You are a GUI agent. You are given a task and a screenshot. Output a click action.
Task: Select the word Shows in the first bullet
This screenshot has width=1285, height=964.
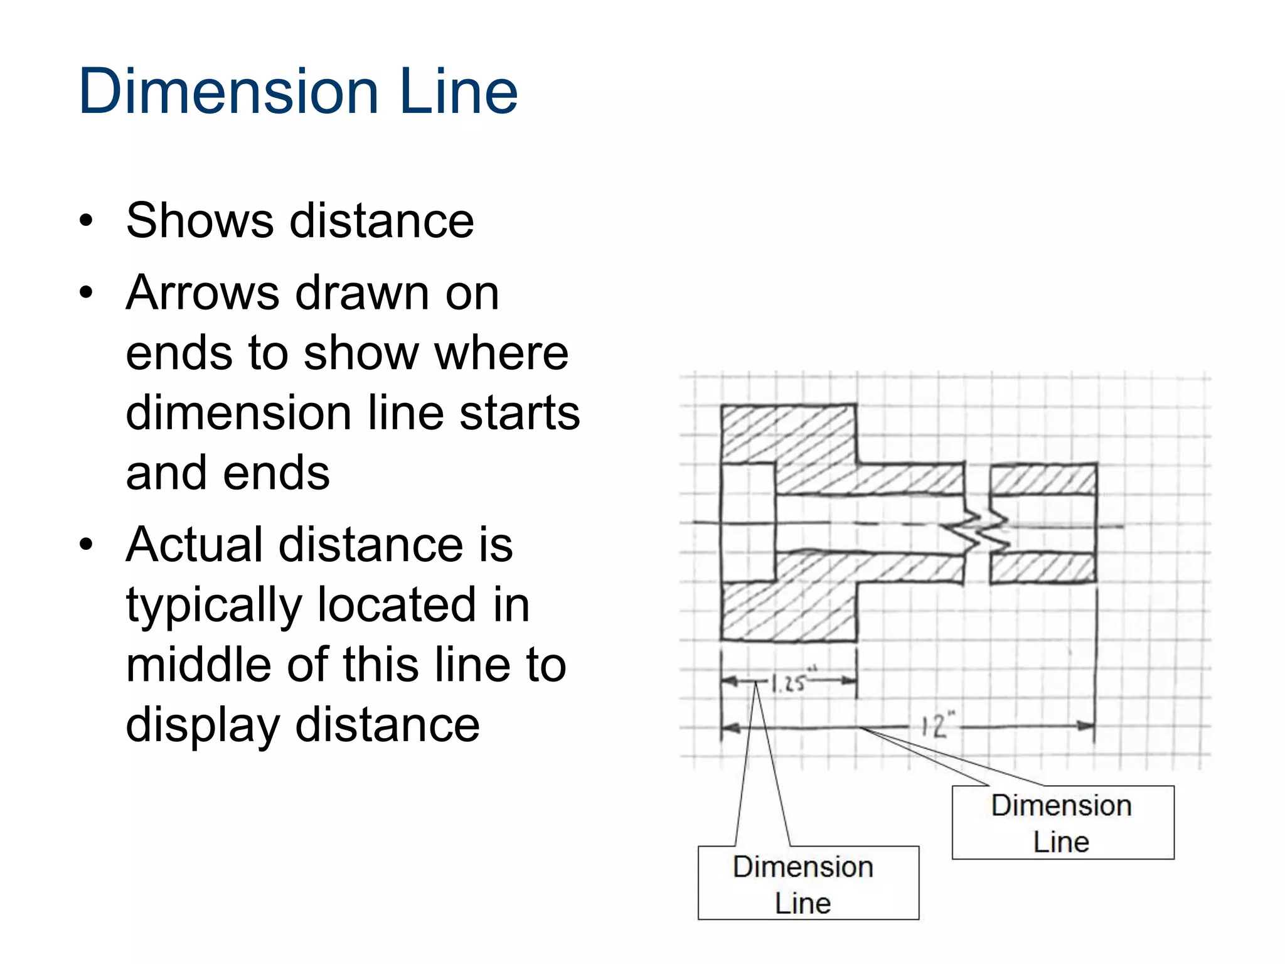(x=200, y=221)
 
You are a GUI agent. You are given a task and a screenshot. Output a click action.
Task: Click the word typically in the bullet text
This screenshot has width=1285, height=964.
(x=214, y=606)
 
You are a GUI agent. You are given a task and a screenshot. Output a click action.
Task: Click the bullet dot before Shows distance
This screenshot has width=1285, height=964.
(x=87, y=222)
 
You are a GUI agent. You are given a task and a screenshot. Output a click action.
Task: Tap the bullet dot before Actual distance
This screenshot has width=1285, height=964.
(x=87, y=545)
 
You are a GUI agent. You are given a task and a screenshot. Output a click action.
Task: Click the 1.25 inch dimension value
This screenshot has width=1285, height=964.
(x=788, y=682)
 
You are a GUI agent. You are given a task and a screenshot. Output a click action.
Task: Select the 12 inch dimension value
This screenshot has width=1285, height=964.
(x=936, y=726)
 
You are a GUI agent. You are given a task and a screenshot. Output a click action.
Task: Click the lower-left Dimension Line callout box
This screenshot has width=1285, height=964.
(x=808, y=883)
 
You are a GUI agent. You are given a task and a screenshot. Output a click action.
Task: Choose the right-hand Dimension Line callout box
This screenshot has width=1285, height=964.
(x=1062, y=822)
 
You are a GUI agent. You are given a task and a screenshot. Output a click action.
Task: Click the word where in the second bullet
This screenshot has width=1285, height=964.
(x=501, y=353)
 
